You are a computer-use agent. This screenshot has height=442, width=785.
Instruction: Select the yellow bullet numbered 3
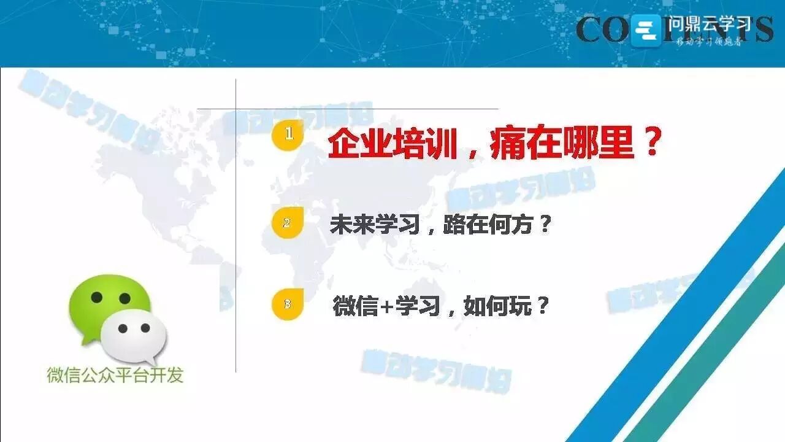287,304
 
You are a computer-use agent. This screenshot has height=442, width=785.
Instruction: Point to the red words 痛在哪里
561,146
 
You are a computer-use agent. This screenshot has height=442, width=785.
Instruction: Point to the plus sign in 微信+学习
387,306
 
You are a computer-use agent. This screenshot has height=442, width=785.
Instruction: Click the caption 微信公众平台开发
115,375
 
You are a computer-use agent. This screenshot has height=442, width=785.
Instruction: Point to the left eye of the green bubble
96,297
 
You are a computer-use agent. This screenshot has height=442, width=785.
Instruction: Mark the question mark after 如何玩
542,305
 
